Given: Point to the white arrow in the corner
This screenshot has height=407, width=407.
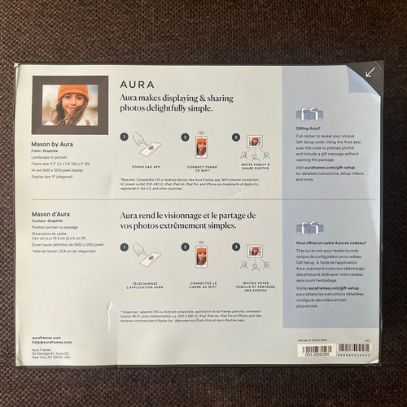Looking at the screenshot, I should (370, 72).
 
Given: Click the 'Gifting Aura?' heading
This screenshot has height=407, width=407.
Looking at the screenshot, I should (308, 129).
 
